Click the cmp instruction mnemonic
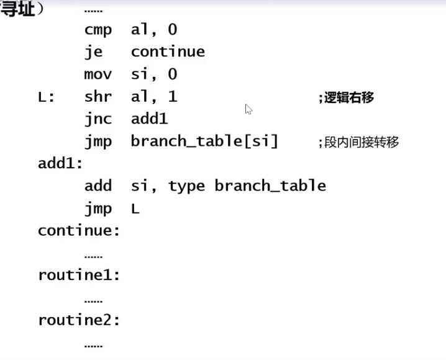[x=98, y=30]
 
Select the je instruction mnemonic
[x=93, y=52]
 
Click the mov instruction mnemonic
[x=98, y=74]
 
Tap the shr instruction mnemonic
[x=98, y=96]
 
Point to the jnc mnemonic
[x=98, y=119]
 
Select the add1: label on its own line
[x=60, y=164]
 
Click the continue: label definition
[x=79, y=231]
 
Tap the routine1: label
[x=79, y=275]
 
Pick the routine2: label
[x=79, y=320]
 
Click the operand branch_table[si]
[x=204, y=142]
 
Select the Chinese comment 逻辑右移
[x=349, y=97]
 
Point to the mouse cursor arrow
[x=248, y=109]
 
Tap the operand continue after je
[x=168, y=52]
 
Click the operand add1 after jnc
[x=149, y=119]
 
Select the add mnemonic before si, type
[x=98, y=186]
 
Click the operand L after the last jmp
[x=135, y=209]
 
